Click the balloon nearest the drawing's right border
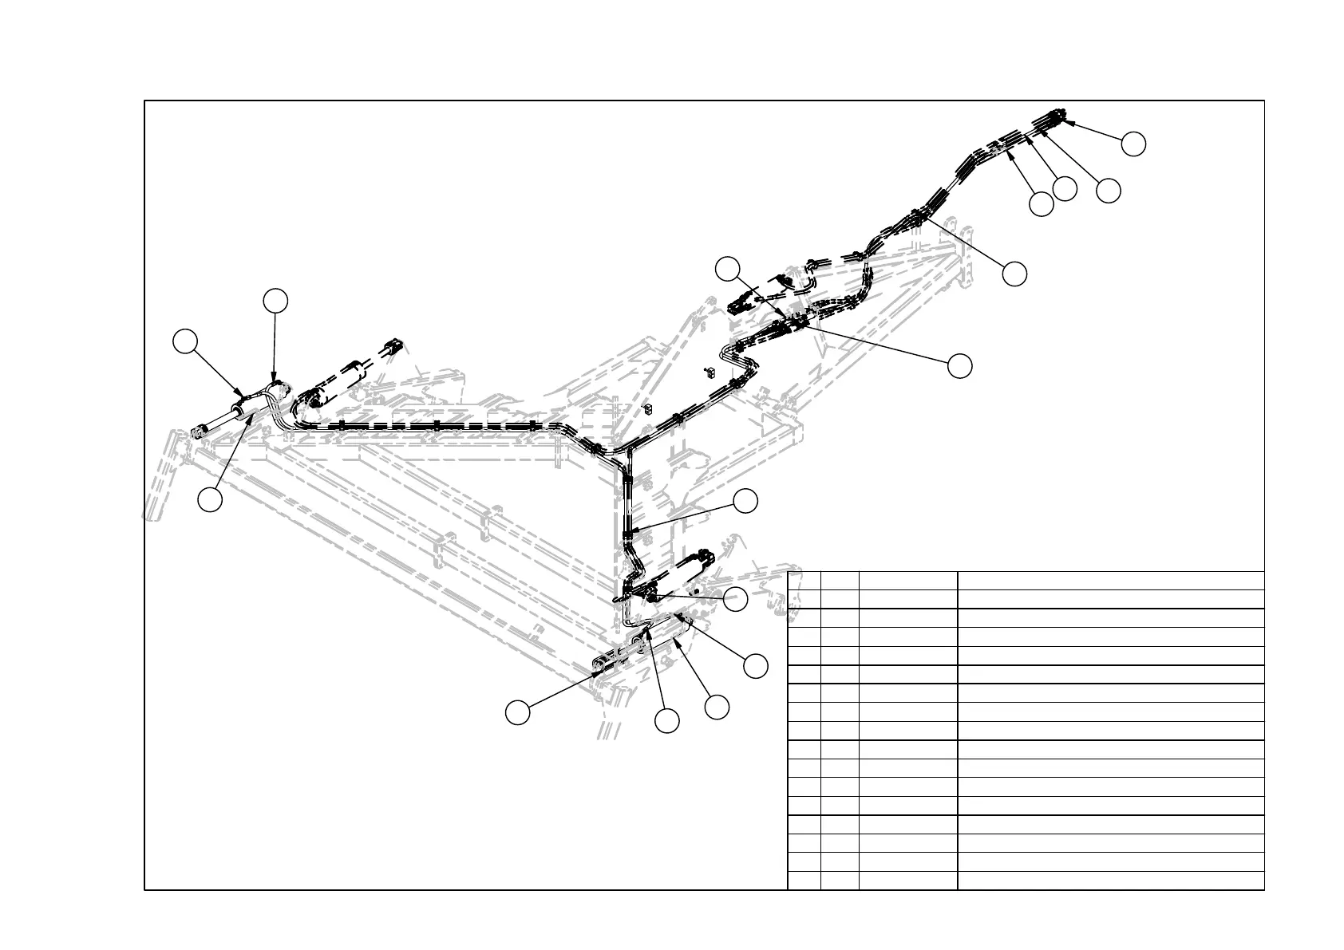[1133, 144]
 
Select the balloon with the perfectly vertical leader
[275, 301]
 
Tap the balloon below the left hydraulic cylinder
[211, 500]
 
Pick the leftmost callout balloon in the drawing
[185, 341]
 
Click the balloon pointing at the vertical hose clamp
[746, 501]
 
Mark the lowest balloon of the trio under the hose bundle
[1041, 204]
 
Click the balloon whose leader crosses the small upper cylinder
[727, 269]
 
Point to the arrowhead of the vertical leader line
[274, 382]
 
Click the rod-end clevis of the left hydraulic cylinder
[198, 433]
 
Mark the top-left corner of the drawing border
[144, 101]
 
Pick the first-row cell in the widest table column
[1110, 581]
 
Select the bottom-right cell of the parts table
[1110, 881]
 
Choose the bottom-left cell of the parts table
[804, 881]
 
